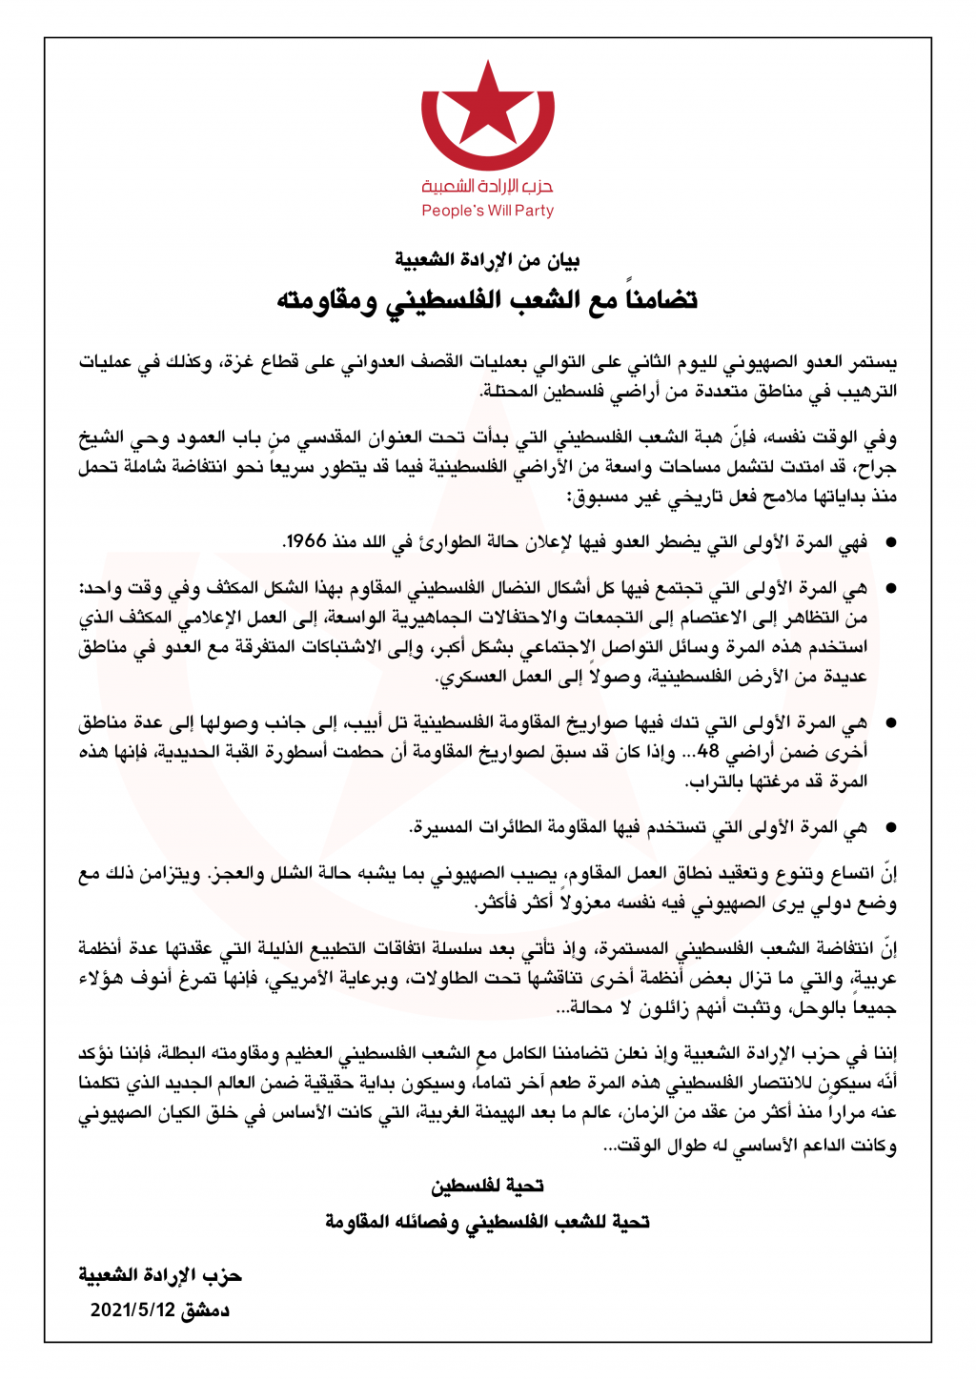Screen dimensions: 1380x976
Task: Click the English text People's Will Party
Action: pos(487,211)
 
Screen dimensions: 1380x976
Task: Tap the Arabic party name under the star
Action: pos(487,186)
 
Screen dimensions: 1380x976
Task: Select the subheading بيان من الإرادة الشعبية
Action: pos(487,260)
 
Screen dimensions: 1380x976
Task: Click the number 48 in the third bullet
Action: pos(708,752)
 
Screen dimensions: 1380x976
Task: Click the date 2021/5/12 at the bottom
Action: pos(133,1309)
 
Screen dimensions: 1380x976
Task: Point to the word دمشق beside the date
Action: pos(206,1309)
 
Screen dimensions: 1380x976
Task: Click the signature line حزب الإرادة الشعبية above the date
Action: pos(160,1275)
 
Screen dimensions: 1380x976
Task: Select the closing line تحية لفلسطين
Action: pos(487,1186)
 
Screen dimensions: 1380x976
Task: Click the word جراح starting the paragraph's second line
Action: pos(879,468)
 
